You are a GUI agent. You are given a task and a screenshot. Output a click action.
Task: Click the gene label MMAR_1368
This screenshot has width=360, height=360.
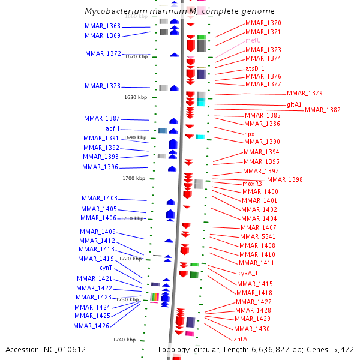pos(103,26)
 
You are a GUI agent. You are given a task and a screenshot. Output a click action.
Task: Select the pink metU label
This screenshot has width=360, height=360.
pos(253,41)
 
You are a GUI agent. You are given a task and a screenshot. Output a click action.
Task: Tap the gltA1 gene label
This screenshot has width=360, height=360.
pos(294,104)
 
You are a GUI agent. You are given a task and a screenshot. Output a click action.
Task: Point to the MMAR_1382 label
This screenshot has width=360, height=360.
pos(322,110)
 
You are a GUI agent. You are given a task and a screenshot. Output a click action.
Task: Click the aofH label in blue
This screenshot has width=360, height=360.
pos(112,129)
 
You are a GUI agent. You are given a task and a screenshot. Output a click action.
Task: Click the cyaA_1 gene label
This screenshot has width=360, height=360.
pos(248,273)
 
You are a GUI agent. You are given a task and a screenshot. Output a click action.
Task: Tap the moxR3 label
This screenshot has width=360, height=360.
pos(253,184)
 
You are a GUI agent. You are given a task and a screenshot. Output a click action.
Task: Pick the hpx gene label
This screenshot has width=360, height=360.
pos(250,134)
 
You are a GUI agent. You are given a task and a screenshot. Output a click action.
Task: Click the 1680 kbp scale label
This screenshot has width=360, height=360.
pos(135,97)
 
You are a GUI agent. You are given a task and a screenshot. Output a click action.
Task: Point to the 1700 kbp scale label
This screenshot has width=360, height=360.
pos(133,178)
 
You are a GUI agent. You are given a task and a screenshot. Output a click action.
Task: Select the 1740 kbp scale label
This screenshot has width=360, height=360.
pos(124,340)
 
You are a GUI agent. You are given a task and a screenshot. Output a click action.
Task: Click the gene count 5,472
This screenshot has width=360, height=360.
pos(341,349)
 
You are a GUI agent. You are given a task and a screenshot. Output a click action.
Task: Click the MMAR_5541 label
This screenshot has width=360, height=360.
pos(257,236)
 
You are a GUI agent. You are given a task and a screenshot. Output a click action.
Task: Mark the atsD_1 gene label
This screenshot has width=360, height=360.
pos(255,69)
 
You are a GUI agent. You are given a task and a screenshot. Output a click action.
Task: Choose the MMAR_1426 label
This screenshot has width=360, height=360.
pos(91,326)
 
